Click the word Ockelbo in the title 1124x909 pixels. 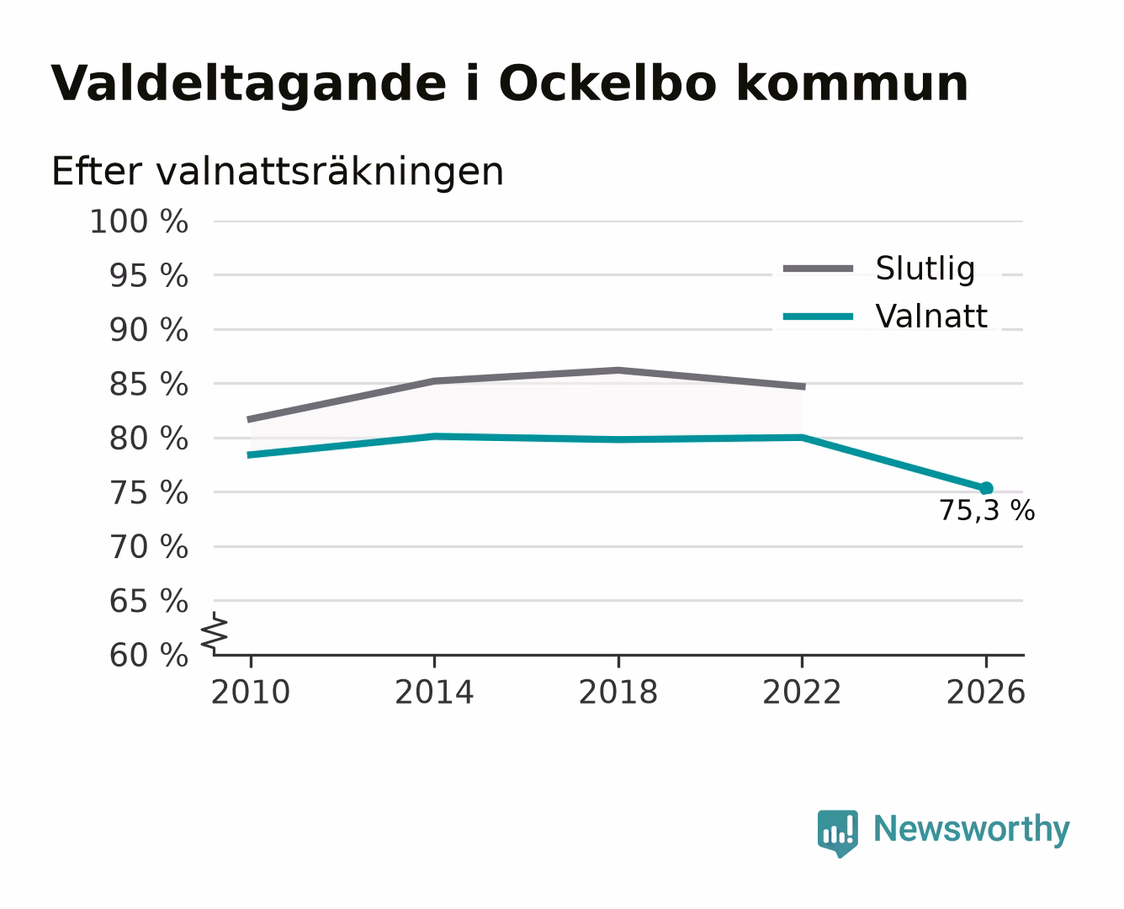tap(607, 82)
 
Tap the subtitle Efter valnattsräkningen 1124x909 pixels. tap(278, 172)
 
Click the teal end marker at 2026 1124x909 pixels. tap(986, 488)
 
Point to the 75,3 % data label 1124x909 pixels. tap(987, 510)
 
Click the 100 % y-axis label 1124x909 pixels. tap(139, 221)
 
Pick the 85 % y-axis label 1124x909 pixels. tap(148, 384)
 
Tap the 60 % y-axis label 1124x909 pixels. tap(148, 655)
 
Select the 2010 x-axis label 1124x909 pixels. tap(251, 692)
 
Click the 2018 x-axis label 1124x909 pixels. tap(618, 692)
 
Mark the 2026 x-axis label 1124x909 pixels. tap(986, 692)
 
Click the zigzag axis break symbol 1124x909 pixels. tap(215, 633)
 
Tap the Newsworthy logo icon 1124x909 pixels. tap(837, 833)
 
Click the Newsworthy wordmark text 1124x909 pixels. tap(972, 829)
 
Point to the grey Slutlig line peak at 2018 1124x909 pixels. tap(618, 370)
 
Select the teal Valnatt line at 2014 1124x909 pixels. tap(434, 436)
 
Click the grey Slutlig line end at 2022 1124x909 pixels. tap(803, 386)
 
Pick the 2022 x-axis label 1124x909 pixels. tap(802, 692)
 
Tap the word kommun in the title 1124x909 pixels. tap(852, 82)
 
